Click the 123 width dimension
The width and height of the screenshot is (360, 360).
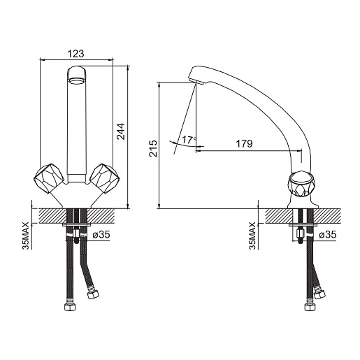pyautogui.click(x=75, y=54)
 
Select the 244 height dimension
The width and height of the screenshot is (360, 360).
pyautogui.click(x=121, y=131)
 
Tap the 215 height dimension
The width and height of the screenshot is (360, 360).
pyautogui.click(x=153, y=148)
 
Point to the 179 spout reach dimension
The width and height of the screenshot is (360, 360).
pyautogui.click(x=245, y=144)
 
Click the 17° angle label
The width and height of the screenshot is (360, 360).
pyautogui.click(x=189, y=140)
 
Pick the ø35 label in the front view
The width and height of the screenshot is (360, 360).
pyautogui.click(x=101, y=235)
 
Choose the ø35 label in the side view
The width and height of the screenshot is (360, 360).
pyautogui.click(x=327, y=235)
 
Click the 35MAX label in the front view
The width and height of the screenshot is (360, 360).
pyautogui.click(x=26, y=236)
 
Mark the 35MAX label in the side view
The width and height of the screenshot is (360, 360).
pyautogui.click(x=252, y=236)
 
